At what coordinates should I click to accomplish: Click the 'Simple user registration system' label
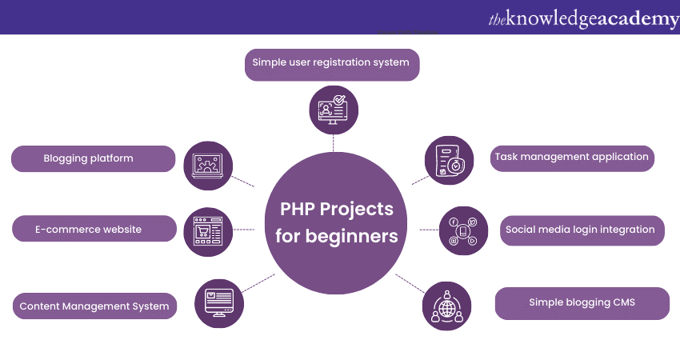[331, 62]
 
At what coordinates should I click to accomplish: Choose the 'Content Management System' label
[94, 306]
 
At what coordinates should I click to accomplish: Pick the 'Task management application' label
[571, 157]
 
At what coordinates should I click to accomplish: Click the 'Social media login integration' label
[580, 230]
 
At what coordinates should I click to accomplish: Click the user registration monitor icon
[334, 110]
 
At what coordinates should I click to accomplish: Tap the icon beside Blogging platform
[207, 166]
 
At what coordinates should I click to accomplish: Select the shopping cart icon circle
[207, 232]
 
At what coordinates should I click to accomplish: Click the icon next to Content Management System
[218, 303]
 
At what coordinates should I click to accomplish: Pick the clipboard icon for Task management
[449, 160]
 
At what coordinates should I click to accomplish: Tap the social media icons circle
[463, 230]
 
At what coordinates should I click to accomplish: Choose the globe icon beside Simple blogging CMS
[446, 306]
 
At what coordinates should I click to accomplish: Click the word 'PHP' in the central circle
[296, 210]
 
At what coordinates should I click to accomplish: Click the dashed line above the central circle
[334, 143]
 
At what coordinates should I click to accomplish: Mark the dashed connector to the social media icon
[429, 230]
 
